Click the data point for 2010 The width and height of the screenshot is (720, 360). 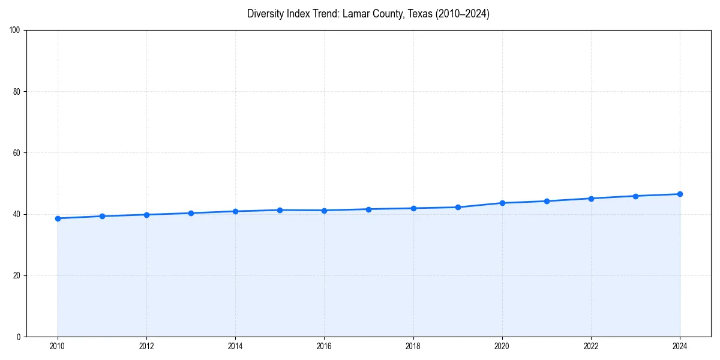58,218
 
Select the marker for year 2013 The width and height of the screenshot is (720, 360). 191,213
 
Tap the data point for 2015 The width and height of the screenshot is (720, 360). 280,210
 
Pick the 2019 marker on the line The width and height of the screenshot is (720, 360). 458,207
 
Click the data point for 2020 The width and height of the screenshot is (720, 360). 502,203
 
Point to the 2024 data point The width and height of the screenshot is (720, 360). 680,194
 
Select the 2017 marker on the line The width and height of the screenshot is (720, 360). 368,209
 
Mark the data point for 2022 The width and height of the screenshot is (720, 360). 591,199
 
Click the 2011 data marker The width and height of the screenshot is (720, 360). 102,216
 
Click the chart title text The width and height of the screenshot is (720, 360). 368,14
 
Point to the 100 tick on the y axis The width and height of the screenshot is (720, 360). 15,30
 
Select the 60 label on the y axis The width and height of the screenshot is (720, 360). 17,153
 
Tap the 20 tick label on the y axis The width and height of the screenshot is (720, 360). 17,275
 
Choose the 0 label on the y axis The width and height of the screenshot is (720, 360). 19,337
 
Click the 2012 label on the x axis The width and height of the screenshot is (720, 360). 146,346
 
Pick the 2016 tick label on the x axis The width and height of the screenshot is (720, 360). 324,346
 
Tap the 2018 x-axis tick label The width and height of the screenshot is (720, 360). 413,346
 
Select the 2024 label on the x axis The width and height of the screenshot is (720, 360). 680,346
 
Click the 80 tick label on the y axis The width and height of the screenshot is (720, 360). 17,92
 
